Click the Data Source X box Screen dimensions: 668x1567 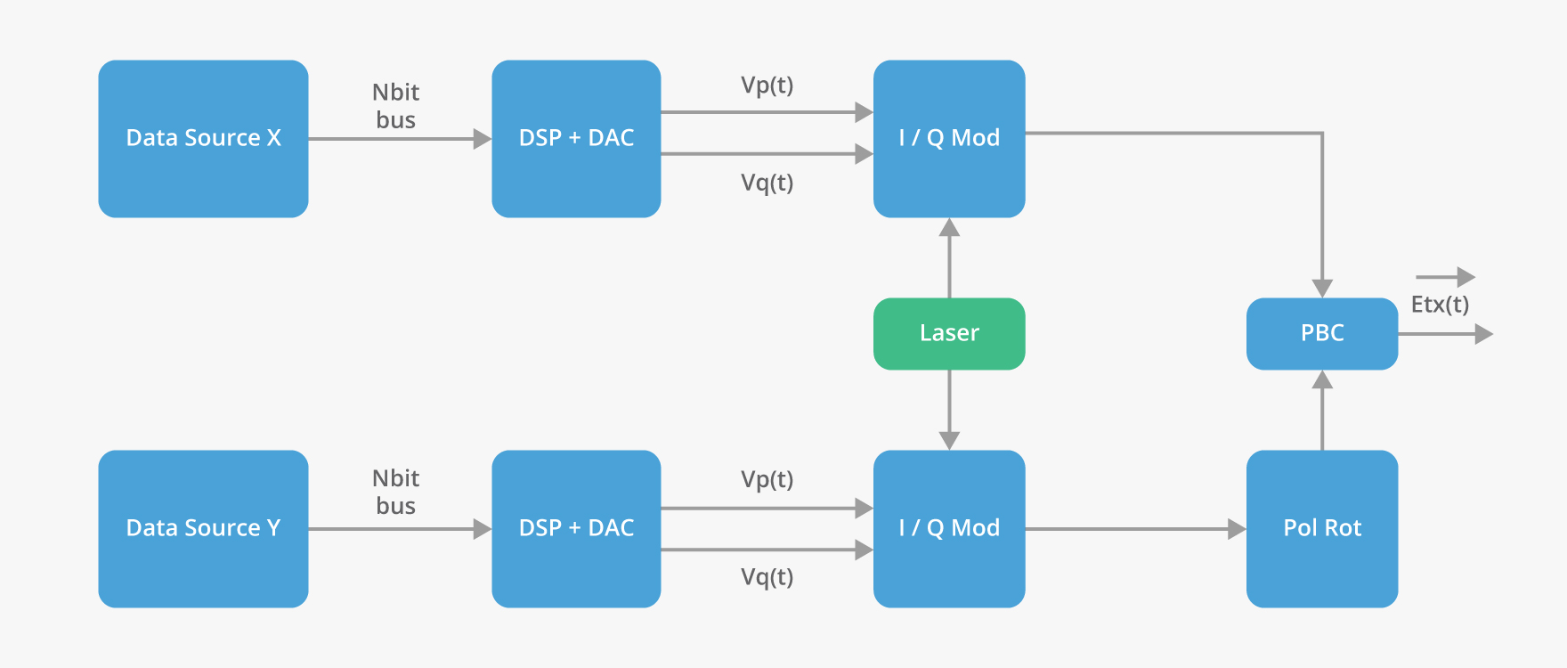pyautogui.click(x=203, y=138)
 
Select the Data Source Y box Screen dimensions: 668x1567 pyautogui.click(x=203, y=528)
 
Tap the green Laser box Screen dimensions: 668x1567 pyautogui.click(x=949, y=333)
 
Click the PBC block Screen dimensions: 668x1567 pyautogui.click(x=1321, y=333)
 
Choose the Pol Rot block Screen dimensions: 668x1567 pyautogui.click(x=1321, y=528)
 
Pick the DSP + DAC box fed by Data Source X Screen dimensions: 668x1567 pyautogui.click(x=576, y=138)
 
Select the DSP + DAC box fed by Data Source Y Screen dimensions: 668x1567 pyautogui.click(x=576, y=528)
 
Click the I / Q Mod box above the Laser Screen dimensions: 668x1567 pyautogui.click(x=949, y=138)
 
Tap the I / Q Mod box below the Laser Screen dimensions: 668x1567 pyautogui.click(x=949, y=528)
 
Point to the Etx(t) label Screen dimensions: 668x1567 pyautogui.click(x=1440, y=305)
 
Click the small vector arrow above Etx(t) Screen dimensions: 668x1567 pyautogui.click(x=1445, y=277)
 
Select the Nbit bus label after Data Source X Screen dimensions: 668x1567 pyautogui.click(x=395, y=106)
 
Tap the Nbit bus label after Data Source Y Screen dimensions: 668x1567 pyautogui.click(x=395, y=492)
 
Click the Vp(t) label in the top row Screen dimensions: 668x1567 pyautogui.click(x=767, y=86)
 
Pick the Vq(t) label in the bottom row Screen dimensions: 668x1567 pyautogui.click(x=767, y=577)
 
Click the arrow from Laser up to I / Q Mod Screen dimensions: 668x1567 pyautogui.click(x=949, y=258)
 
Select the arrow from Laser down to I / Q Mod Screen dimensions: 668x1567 pyautogui.click(x=949, y=410)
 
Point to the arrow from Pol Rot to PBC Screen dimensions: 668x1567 pyautogui.click(x=1322, y=410)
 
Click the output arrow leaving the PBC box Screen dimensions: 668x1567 pyautogui.click(x=1444, y=334)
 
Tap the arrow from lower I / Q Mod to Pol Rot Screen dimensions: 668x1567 pyautogui.click(x=1135, y=529)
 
